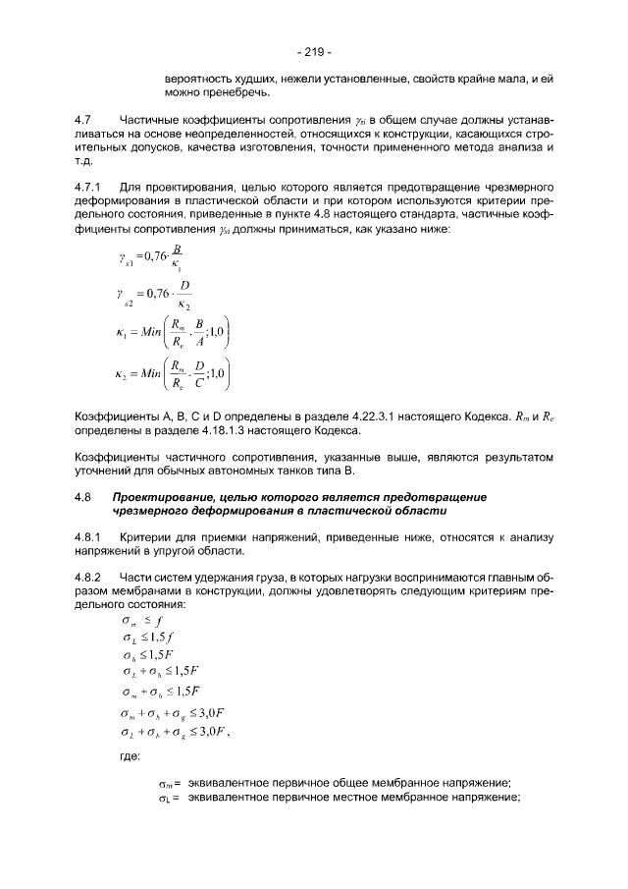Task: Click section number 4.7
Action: (x=83, y=119)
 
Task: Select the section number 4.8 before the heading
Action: (x=83, y=497)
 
